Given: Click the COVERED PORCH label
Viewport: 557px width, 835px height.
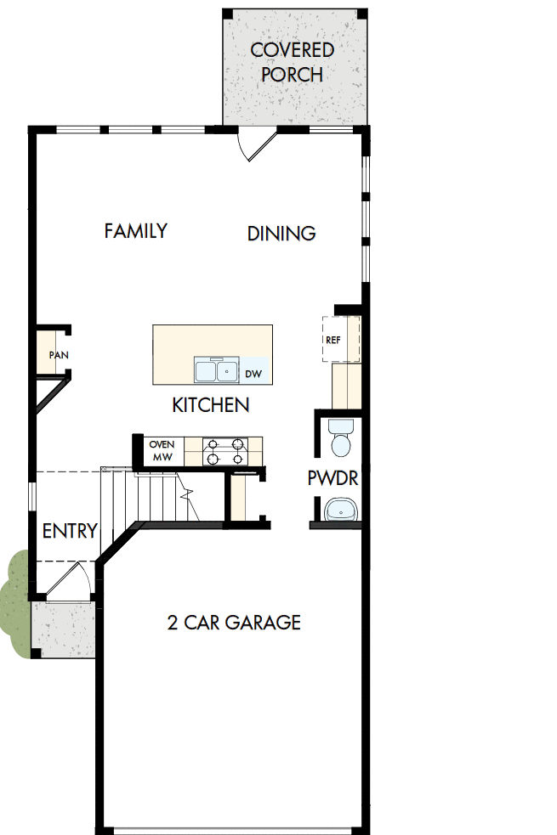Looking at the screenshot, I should tap(292, 62).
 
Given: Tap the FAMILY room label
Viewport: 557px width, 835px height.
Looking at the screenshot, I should tap(135, 230).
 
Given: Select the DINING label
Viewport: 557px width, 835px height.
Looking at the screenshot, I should tap(281, 233).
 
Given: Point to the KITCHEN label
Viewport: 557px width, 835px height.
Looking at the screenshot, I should tap(211, 405).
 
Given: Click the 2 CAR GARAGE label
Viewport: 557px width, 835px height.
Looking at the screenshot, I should tap(234, 623).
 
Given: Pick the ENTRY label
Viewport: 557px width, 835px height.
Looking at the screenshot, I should tap(70, 531).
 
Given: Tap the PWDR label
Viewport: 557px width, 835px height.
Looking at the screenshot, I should tap(332, 478).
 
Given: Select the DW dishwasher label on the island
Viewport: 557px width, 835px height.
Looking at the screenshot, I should tap(253, 373).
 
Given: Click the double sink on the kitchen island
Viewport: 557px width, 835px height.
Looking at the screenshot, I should tap(216, 370).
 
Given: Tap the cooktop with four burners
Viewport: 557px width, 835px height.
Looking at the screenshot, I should tap(226, 451).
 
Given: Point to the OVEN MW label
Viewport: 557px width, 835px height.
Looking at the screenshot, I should tap(162, 450).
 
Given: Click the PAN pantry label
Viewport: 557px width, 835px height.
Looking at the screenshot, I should tap(58, 355).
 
